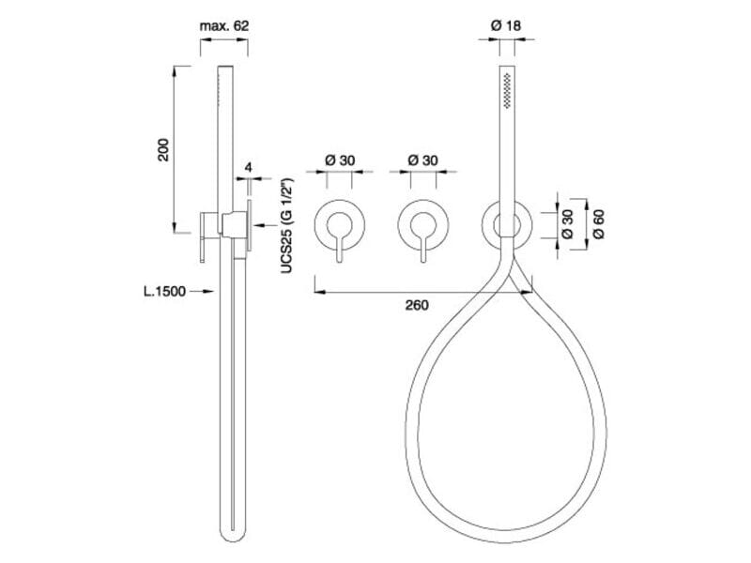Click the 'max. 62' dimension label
pos(224,25)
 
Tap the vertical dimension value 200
pos(163,150)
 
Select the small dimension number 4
pos(248,167)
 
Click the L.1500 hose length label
pos(164,291)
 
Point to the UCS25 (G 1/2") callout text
pos(287,226)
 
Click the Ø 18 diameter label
pos(506,25)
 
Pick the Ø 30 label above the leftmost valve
pos(340,160)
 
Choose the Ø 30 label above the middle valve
pos(423,160)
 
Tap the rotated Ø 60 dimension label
pos(598,224)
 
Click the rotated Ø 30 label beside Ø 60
pos(567,224)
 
